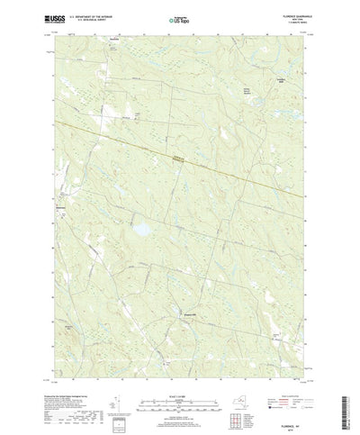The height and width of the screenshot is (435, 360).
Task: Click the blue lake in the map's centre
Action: tap(140, 231)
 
